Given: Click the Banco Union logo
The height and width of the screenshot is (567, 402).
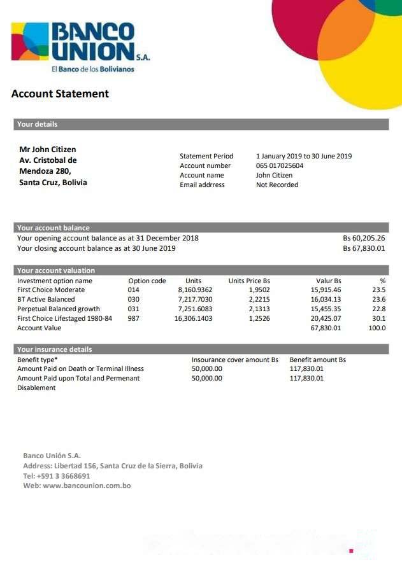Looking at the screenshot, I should click(80, 46).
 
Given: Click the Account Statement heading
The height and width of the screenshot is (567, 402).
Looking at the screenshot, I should click(60, 94).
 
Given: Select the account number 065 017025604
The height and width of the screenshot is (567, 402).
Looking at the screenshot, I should click(280, 166).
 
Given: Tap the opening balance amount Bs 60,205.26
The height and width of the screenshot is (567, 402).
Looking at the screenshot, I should click(364, 238).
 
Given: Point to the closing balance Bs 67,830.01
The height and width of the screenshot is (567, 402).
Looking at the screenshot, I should click(364, 248).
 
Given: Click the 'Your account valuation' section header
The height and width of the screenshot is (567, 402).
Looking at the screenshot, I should click(56, 270).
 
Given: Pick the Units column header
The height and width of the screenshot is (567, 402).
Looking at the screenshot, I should click(193, 281).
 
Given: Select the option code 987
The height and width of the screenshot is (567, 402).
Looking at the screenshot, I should click(134, 318).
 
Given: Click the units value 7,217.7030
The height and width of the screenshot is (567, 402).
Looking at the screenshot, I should click(195, 299).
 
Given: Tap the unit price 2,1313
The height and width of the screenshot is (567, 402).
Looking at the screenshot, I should click(259, 309).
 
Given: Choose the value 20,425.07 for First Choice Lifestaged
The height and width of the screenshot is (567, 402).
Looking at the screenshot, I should click(326, 318).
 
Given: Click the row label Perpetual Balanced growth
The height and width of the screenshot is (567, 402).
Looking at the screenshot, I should click(59, 309).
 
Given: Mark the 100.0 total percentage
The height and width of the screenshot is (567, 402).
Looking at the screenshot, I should click(377, 328).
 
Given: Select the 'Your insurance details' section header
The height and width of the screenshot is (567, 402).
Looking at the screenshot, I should click(55, 349).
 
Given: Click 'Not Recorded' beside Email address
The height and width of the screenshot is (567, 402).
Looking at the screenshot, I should click(277, 185).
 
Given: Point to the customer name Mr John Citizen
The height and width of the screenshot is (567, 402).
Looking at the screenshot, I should click(48, 150).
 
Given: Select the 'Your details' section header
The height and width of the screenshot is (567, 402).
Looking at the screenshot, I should click(37, 124).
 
